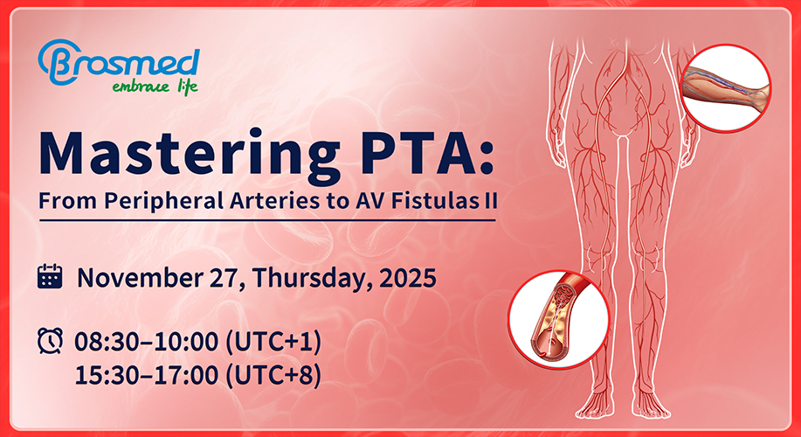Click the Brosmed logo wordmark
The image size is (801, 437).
pos(119,62)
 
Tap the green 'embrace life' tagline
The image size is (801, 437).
pos(155,87)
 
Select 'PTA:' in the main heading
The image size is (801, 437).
pos(427,151)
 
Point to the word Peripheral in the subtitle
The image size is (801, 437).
pos(164,201)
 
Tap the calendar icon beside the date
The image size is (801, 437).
pos(50,276)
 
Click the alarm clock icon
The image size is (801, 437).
pos(50,341)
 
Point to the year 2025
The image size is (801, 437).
pos(408,278)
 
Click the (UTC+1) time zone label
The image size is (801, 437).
pos(273,343)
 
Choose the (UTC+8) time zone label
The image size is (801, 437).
pos(273,376)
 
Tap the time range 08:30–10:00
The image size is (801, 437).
pos(147,343)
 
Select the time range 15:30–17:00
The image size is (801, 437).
pos(147,376)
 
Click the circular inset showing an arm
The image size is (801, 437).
pos(726,88)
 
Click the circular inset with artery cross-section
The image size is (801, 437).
pos(559,319)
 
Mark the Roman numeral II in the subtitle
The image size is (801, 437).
pos(490,200)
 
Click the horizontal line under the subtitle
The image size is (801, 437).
pos(267,220)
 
